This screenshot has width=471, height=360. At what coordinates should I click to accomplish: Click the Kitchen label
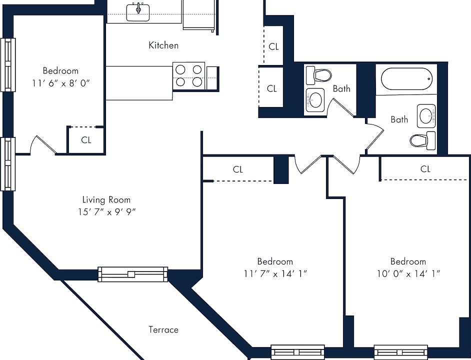coord(163,45)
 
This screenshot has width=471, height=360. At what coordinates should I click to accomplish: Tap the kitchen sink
coord(138,12)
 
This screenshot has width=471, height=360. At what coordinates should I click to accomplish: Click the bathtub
coord(406,79)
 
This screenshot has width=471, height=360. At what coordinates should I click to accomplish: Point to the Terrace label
coord(163,329)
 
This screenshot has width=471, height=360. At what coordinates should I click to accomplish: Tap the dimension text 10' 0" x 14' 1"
coord(408,274)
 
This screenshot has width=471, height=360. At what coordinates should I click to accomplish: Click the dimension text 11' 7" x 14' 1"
coord(275,274)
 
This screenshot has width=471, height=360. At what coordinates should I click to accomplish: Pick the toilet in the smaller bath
coord(318,75)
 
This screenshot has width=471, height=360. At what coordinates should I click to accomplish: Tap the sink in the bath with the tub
coord(426,116)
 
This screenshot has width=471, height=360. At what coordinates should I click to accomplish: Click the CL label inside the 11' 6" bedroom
coord(86,140)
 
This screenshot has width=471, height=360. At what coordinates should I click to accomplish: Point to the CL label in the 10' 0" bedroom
coord(425,169)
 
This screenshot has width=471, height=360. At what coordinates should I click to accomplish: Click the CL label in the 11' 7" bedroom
coord(237,169)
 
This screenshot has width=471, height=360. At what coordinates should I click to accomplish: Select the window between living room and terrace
coord(133,274)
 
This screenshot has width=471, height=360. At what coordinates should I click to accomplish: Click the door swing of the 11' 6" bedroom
coord(43,145)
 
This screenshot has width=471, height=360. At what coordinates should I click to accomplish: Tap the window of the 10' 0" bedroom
coord(400,352)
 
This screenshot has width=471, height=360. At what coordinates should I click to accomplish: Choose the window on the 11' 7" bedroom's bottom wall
coord(297,352)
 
